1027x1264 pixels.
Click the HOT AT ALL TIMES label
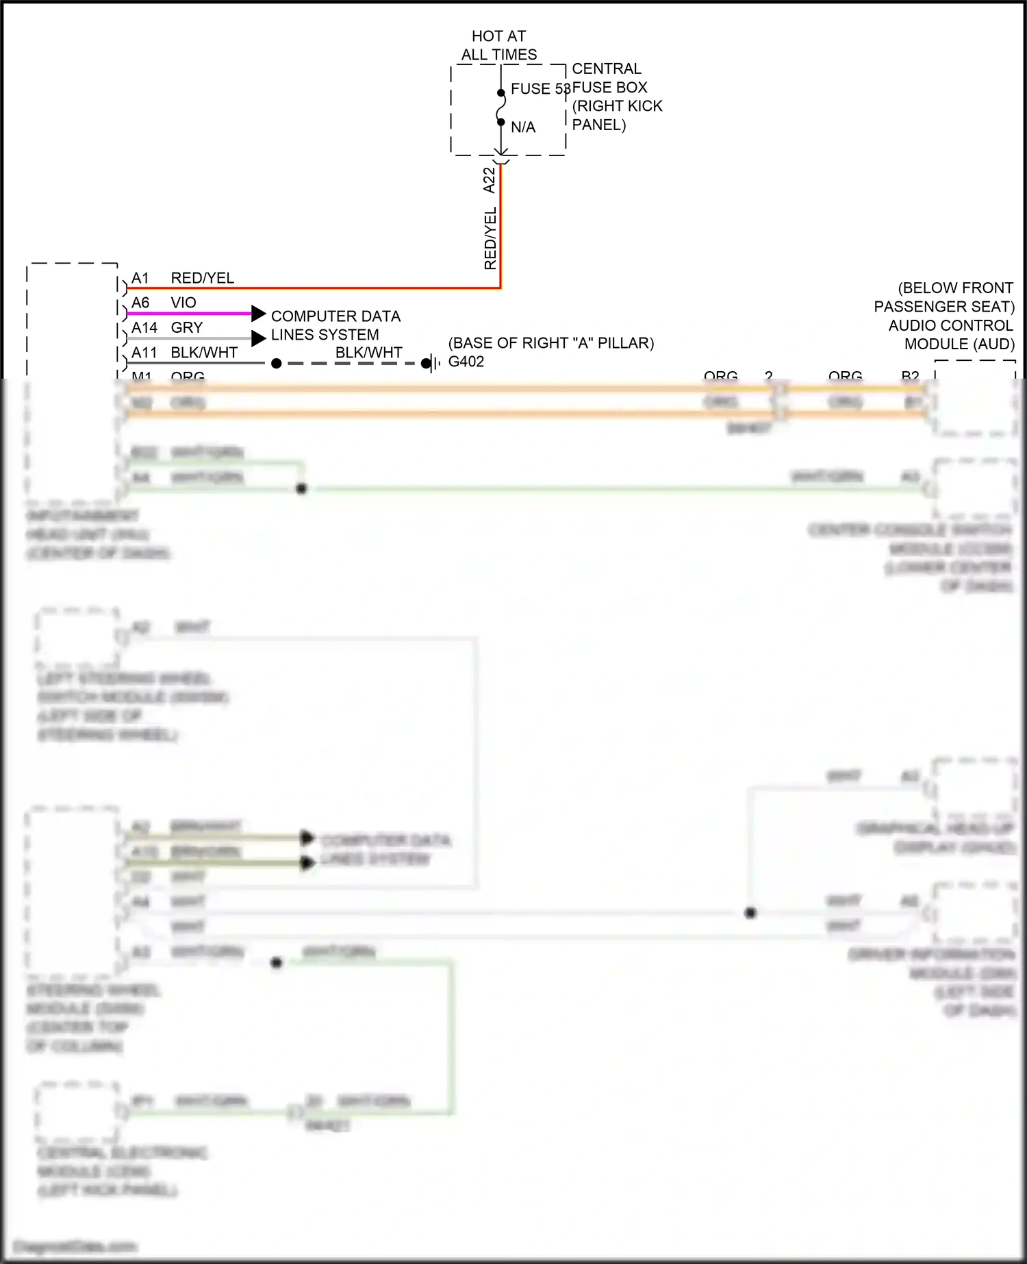click(x=499, y=45)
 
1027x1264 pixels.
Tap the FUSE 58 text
click(x=540, y=89)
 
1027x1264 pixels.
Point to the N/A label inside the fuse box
click(x=523, y=127)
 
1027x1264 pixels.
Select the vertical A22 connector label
click(x=489, y=180)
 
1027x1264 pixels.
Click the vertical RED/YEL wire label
click(x=490, y=238)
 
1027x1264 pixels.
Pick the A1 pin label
click(x=140, y=278)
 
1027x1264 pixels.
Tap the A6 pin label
click(x=140, y=303)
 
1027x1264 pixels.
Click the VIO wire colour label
click(x=183, y=303)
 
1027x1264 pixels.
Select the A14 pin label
click(x=144, y=328)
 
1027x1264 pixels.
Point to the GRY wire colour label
click(x=187, y=328)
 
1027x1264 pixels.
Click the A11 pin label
click(x=144, y=353)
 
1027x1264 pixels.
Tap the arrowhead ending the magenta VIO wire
click(x=258, y=314)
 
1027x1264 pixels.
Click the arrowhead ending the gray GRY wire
click(x=258, y=338)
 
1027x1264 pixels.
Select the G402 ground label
click(x=466, y=362)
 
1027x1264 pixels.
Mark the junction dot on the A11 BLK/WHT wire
click(x=277, y=364)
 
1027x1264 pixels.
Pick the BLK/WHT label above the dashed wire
click(x=368, y=353)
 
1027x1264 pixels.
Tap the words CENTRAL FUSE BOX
click(x=609, y=78)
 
